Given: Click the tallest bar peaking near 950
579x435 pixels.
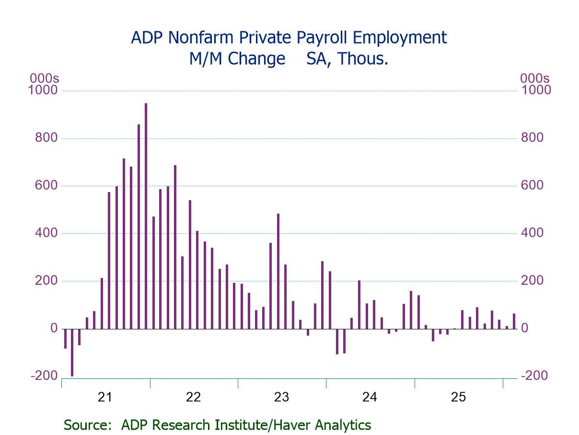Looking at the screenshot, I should [146, 216].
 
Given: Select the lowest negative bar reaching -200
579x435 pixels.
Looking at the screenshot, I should [72, 352].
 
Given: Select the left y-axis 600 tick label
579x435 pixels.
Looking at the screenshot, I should [46, 186].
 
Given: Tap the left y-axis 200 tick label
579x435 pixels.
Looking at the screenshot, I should [46, 281].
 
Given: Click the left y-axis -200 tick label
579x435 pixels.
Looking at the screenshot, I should [44, 376].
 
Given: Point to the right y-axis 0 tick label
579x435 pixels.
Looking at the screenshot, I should [525, 328].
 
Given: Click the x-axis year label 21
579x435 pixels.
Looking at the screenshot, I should [105, 397].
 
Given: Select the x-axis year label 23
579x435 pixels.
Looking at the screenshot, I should [281, 397].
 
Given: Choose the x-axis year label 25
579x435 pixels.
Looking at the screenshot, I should [458, 397].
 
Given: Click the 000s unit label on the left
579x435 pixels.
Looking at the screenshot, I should [44, 78].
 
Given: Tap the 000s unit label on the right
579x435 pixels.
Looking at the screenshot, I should [535, 78].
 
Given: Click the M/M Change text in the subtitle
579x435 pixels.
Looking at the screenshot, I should [237, 59].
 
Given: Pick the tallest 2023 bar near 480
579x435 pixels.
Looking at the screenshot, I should [278, 271].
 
